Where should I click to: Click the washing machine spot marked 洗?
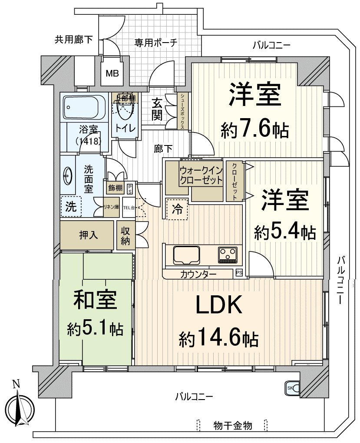[70, 207]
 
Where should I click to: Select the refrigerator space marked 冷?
[177, 209]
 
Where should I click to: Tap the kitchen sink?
[186, 255]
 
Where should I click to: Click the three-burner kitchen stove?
[228, 255]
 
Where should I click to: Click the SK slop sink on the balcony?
[291, 388]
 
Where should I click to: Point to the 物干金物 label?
[233, 425]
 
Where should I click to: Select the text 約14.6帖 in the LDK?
[219, 337]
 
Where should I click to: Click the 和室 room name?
[94, 301]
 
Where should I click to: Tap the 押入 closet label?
[88, 235]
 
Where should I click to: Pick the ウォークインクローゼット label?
[201, 175]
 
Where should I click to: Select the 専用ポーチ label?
[155, 43]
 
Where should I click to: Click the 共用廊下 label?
[73, 40]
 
